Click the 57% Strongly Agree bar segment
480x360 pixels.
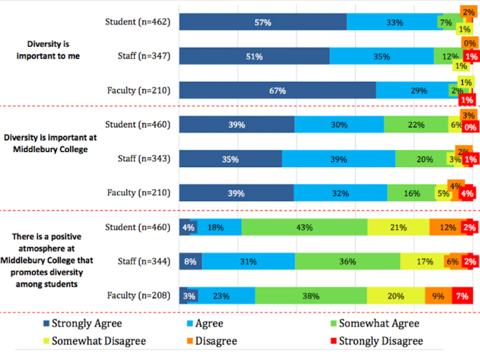tap(263, 22)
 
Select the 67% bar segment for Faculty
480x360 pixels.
tap(277, 91)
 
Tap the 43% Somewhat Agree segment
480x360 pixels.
tap(304, 228)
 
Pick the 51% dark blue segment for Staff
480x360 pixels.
tap(254, 57)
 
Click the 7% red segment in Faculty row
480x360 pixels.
tap(462, 296)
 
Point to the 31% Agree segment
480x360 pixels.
tap(248, 261)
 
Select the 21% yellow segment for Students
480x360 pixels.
tap(398, 228)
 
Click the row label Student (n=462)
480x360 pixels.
tap(138, 22)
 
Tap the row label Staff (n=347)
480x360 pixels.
tap(144, 56)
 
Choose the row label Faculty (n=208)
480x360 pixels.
tap(138, 295)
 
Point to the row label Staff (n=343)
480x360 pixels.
tap(144, 159)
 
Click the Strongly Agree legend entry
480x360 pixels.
tap(83, 323)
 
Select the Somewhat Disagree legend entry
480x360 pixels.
tap(95, 341)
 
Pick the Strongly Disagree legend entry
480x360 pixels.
tap(377, 341)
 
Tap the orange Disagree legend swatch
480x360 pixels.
tap(190, 341)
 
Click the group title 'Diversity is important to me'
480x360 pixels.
tap(48, 50)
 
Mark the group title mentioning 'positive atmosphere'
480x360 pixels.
tap(47, 260)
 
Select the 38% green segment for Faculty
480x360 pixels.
tap(311, 296)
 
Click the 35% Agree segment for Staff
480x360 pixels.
tap(381, 57)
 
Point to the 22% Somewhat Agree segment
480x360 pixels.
tap(416, 125)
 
